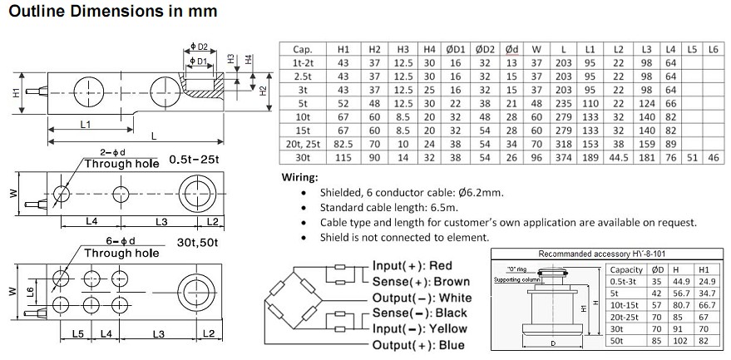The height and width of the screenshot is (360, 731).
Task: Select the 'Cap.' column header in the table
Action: pos(302,50)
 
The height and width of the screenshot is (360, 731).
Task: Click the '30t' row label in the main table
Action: pos(302,158)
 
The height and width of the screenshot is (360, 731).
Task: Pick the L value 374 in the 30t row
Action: pos(565,158)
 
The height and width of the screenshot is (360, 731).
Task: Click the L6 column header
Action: pos(711,50)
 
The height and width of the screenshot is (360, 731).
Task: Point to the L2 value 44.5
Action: pos(617,158)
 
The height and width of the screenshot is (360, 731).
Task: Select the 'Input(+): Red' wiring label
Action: pos(413,265)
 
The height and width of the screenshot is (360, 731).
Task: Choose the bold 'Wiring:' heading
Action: pos(299,178)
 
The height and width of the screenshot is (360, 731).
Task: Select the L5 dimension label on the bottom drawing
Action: pos(77,334)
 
